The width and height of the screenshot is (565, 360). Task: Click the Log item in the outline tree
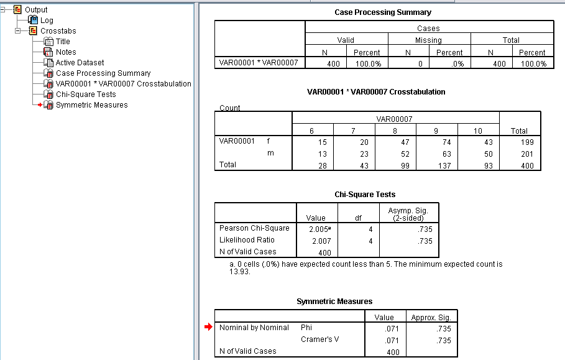47,21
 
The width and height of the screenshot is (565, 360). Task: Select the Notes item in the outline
66,52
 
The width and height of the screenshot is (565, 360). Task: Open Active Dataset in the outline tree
80,63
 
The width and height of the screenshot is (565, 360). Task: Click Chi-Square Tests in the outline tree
86,95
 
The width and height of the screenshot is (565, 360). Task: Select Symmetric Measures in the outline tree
91,105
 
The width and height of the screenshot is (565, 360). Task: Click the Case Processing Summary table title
383,12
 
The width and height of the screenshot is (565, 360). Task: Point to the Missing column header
428,40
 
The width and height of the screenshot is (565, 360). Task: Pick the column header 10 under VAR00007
479,131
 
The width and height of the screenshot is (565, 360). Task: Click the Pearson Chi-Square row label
254,228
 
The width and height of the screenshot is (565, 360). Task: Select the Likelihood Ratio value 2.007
316,241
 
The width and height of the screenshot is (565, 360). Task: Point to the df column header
358,218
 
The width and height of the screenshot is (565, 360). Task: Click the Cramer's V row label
321,339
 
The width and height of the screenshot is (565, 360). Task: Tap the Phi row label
306,327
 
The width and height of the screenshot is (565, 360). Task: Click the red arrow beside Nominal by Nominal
208,327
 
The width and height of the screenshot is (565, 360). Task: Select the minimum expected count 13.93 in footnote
240,272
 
